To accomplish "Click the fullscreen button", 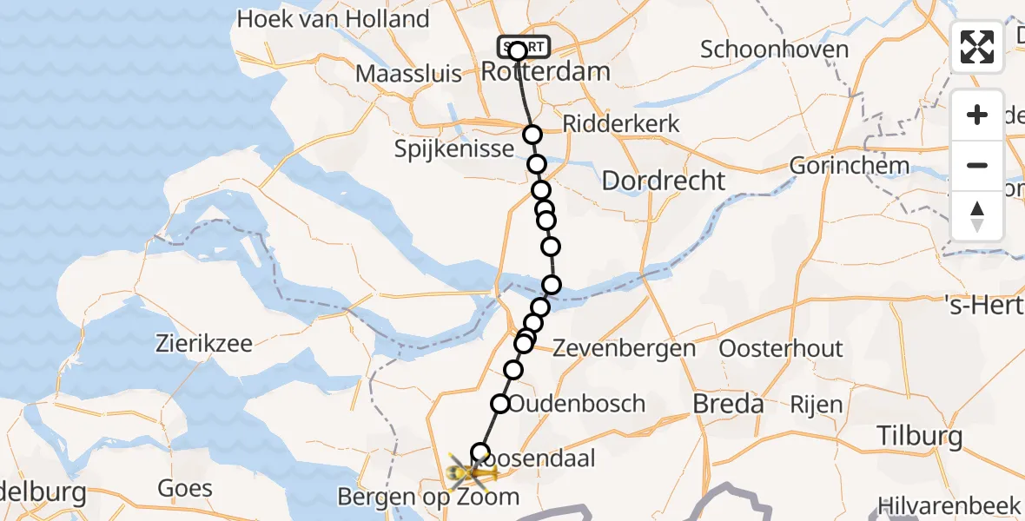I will (x=977, y=47).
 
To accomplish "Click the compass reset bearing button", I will (x=977, y=216).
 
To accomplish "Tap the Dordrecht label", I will (x=663, y=181).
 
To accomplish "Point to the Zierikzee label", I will (x=205, y=343).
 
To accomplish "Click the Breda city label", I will (x=728, y=403).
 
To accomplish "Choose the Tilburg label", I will (x=919, y=435).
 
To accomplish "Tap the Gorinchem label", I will (x=850, y=165).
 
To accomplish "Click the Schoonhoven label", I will (x=774, y=49).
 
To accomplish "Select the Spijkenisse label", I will (x=454, y=148).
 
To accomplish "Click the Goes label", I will (x=186, y=488).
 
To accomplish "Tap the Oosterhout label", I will (x=782, y=349).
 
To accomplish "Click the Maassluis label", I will (x=409, y=73).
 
